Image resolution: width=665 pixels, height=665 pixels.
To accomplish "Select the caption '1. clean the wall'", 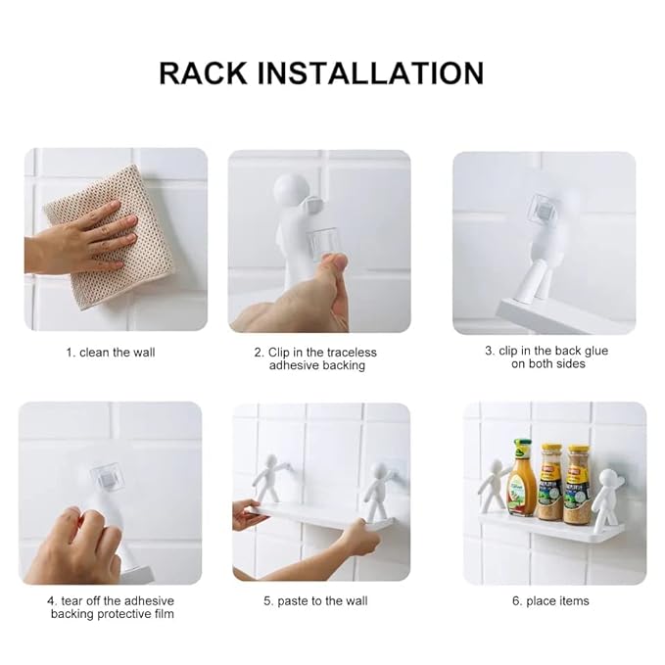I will [110, 353].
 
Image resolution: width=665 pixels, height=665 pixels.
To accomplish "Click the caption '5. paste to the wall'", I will [315, 601].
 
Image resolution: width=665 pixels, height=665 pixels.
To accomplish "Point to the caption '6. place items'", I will [550, 601].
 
